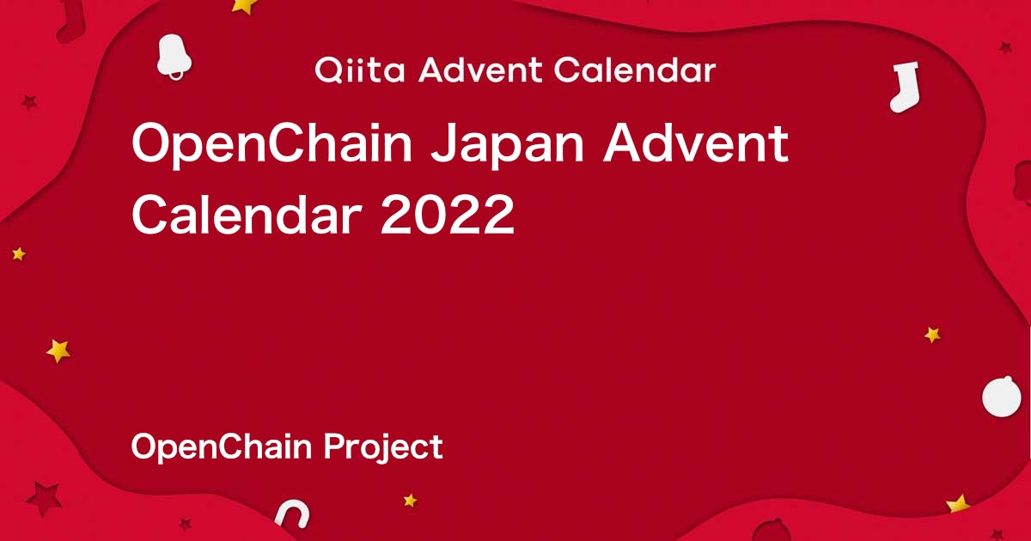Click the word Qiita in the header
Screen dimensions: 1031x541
(359, 70)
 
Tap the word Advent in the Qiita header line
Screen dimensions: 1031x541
(480, 70)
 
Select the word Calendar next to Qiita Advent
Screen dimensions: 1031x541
(635, 70)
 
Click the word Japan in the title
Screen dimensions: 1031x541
(508, 144)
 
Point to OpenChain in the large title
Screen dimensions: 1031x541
(272, 144)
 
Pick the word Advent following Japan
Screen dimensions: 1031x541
(696, 143)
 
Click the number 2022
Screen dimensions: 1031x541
(448, 215)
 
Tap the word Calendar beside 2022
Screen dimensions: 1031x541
(247, 215)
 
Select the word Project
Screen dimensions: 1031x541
(383, 446)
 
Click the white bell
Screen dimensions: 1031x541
(174, 55)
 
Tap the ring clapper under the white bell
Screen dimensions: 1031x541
(176, 76)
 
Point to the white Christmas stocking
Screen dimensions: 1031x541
(906, 88)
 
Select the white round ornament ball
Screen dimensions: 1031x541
(1002, 397)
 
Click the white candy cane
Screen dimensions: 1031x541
(293, 514)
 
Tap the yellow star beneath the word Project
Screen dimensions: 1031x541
(410, 500)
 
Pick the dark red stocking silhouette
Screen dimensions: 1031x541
(71, 23)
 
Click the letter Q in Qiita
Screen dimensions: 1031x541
(328, 70)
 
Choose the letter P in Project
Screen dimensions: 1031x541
(334, 446)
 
